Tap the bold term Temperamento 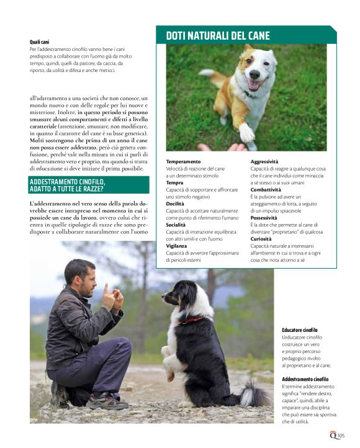pos(183,161)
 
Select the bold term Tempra pos(174,183)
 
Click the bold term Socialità pos(177,225)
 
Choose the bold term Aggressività pos(264,161)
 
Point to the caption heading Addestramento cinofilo pos(305,379)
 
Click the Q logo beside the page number pos(332,434)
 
